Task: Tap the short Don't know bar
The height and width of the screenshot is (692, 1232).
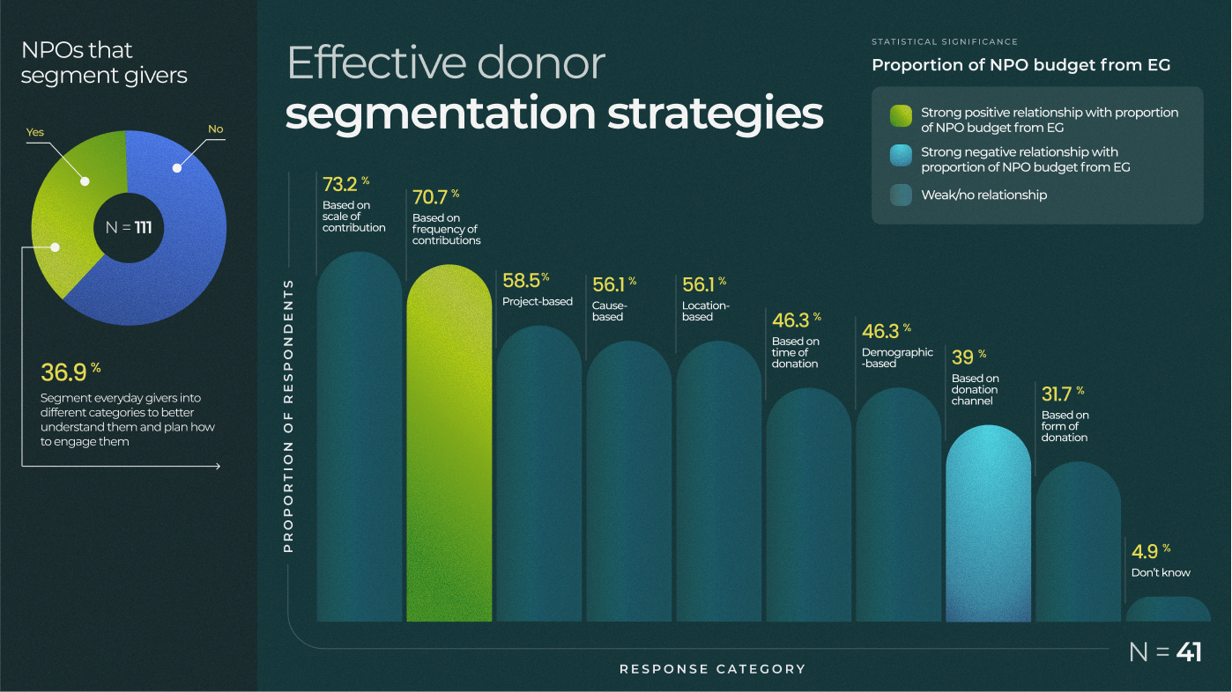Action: point(1168,609)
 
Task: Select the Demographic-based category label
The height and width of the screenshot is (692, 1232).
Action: point(897,357)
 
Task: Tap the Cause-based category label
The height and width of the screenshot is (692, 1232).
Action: point(609,311)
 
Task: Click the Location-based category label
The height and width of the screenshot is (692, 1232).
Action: point(705,311)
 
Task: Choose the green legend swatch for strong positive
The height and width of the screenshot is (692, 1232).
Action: point(901,116)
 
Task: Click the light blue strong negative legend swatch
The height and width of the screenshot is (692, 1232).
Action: point(901,156)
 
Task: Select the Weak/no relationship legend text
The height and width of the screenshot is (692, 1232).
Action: point(983,195)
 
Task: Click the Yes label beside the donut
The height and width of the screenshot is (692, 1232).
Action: point(35,133)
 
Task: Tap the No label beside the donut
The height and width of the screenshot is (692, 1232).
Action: point(215,129)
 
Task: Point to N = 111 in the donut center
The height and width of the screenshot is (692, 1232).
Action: point(129,228)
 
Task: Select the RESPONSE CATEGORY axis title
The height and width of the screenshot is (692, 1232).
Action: point(712,669)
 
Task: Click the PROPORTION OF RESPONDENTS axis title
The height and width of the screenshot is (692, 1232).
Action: point(288,415)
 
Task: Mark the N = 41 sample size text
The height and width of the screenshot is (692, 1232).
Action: point(1165,652)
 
